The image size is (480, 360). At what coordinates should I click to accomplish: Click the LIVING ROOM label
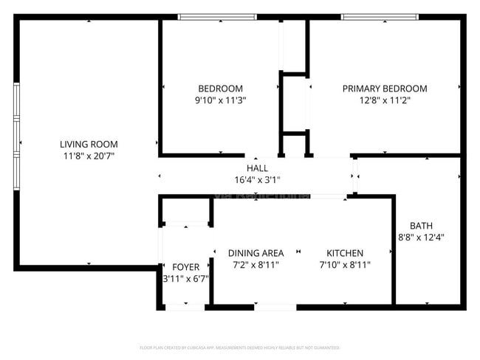(x=89, y=144)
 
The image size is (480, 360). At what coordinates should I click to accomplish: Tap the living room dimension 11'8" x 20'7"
(x=89, y=156)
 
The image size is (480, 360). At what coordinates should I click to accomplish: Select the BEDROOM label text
(x=220, y=89)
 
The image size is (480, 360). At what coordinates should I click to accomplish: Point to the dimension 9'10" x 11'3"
(x=220, y=100)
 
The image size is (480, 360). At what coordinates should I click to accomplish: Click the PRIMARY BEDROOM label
(x=385, y=89)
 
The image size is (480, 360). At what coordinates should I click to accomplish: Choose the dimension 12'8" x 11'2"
(x=385, y=100)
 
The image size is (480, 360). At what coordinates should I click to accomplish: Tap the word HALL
(x=257, y=167)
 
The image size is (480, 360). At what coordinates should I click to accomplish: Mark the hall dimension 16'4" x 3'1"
(x=257, y=179)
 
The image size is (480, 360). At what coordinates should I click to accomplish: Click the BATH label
(x=422, y=226)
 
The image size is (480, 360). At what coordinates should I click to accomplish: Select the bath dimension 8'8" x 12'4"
(x=422, y=238)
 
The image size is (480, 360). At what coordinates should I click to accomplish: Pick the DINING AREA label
(x=256, y=253)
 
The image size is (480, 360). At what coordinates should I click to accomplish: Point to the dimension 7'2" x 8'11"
(x=256, y=265)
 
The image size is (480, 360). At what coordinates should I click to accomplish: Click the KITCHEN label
(x=345, y=253)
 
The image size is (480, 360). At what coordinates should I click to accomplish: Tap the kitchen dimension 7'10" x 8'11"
(x=345, y=265)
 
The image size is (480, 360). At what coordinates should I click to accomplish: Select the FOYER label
(x=185, y=266)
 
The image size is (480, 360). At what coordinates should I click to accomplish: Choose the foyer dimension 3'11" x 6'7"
(x=185, y=278)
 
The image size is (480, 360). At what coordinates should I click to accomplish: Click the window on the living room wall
(x=16, y=136)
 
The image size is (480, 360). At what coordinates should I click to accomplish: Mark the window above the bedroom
(x=217, y=16)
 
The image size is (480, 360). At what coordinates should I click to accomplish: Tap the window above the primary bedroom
(x=380, y=16)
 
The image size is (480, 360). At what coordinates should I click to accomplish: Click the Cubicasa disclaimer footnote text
(x=239, y=347)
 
